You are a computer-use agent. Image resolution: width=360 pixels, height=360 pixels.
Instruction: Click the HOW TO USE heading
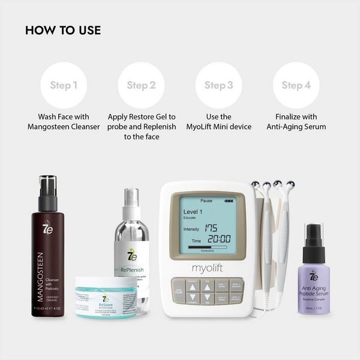[63, 31]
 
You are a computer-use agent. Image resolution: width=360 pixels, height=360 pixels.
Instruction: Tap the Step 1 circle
[64, 85]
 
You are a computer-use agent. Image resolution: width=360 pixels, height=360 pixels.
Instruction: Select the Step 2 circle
[141, 85]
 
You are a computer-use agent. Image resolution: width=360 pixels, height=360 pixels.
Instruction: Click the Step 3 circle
[218, 85]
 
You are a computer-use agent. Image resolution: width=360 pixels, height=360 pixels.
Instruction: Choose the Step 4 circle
[296, 85]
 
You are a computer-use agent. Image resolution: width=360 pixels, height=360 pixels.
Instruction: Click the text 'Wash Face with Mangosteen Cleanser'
[64, 122]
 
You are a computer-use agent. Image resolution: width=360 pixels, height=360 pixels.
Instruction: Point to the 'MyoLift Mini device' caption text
[218, 127]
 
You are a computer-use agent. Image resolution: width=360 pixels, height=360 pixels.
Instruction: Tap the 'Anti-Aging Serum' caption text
[296, 127]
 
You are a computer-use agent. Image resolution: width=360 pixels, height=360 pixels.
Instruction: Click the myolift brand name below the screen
[207, 268]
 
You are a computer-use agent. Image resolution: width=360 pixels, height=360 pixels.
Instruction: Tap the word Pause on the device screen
[206, 201]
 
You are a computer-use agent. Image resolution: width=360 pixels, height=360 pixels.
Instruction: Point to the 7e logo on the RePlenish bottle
[132, 254]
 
